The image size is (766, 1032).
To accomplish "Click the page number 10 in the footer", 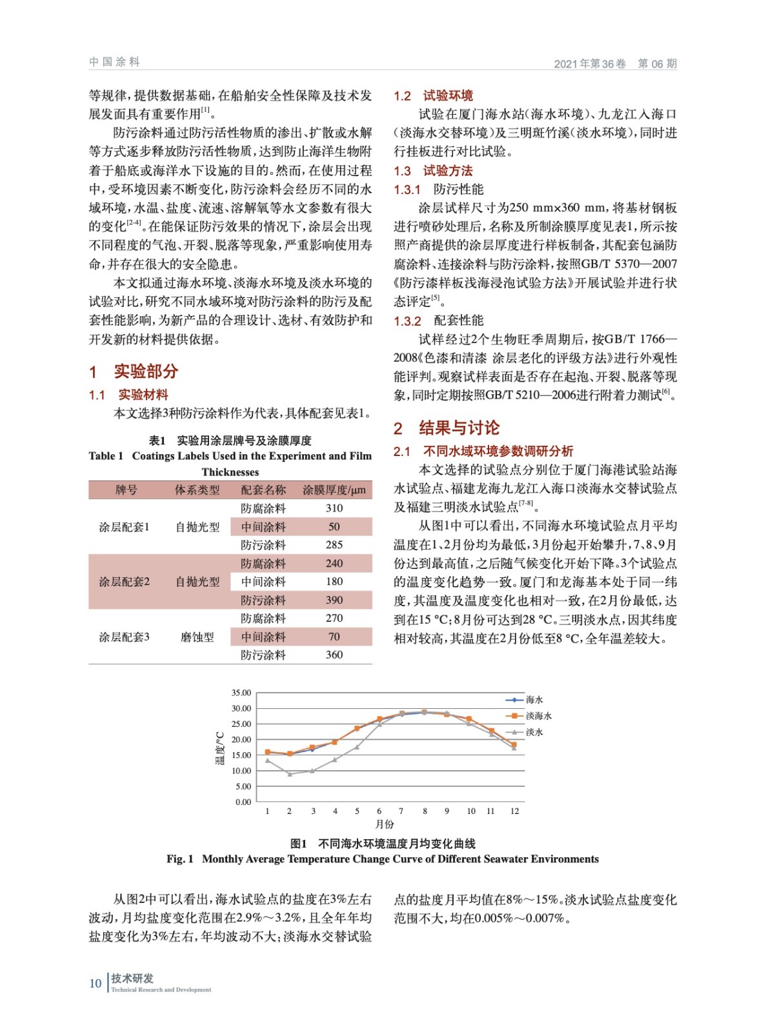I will [96, 983].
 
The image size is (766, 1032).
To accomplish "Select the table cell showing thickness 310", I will [334, 508].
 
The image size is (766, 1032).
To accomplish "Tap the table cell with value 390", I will [334, 600].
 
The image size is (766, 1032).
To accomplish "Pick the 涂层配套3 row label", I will [124, 637].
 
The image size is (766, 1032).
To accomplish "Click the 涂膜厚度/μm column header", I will [334, 490].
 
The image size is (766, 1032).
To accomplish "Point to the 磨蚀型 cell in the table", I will [197, 637].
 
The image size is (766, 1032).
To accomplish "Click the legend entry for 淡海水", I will [538, 716].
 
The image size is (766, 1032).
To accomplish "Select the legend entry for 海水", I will [534, 700].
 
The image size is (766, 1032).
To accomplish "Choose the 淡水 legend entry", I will [534, 732].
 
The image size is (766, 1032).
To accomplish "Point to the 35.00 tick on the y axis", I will [241, 693].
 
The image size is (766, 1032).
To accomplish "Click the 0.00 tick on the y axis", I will [243, 802].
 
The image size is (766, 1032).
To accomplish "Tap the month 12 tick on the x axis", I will [514, 811].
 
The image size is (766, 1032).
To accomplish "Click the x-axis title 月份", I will [385, 824].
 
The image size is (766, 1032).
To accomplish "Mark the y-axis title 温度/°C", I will [220, 748].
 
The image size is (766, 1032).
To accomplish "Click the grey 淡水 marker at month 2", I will [290, 774].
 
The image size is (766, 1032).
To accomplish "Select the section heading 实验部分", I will [146, 372].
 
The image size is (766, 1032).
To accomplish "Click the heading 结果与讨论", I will [459, 428].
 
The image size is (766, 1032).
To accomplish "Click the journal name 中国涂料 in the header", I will [114, 62].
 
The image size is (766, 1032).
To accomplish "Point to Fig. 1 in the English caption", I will [180, 859].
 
